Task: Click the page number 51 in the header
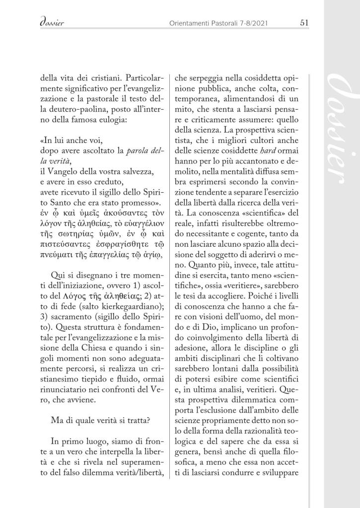305,22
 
